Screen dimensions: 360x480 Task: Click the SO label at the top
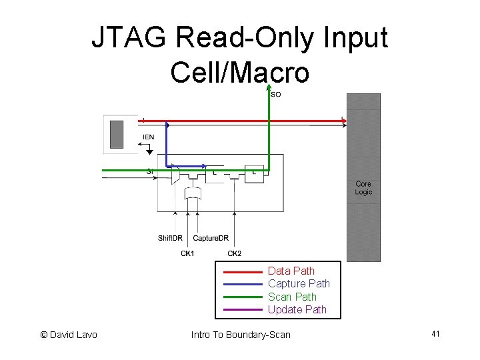pyautogui.click(x=275, y=95)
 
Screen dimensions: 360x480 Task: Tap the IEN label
pyautogui.click(x=148, y=137)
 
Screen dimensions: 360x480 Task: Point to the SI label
pyautogui.click(x=150, y=172)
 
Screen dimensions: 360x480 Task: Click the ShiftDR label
pyautogui.click(x=170, y=238)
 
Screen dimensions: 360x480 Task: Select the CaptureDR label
pyautogui.click(x=211, y=238)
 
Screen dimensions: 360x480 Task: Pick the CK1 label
pyautogui.click(x=188, y=253)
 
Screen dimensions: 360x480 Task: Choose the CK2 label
pyautogui.click(x=235, y=253)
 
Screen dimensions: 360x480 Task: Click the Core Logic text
pyautogui.click(x=363, y=187)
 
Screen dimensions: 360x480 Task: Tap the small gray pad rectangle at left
pyautogui.click(x=118, y=133)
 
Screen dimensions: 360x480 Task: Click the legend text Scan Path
pyautogui.click(x=292, y=297)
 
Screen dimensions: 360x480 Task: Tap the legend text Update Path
pyautogui.click(x=297, y=309)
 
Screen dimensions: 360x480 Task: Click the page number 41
pyautogui.click(x=435, y=333)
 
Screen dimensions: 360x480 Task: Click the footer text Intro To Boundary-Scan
pyautogui.click(x=241, y=334)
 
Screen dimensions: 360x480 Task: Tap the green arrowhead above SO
pyautogui.click(x=269, y=87)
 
